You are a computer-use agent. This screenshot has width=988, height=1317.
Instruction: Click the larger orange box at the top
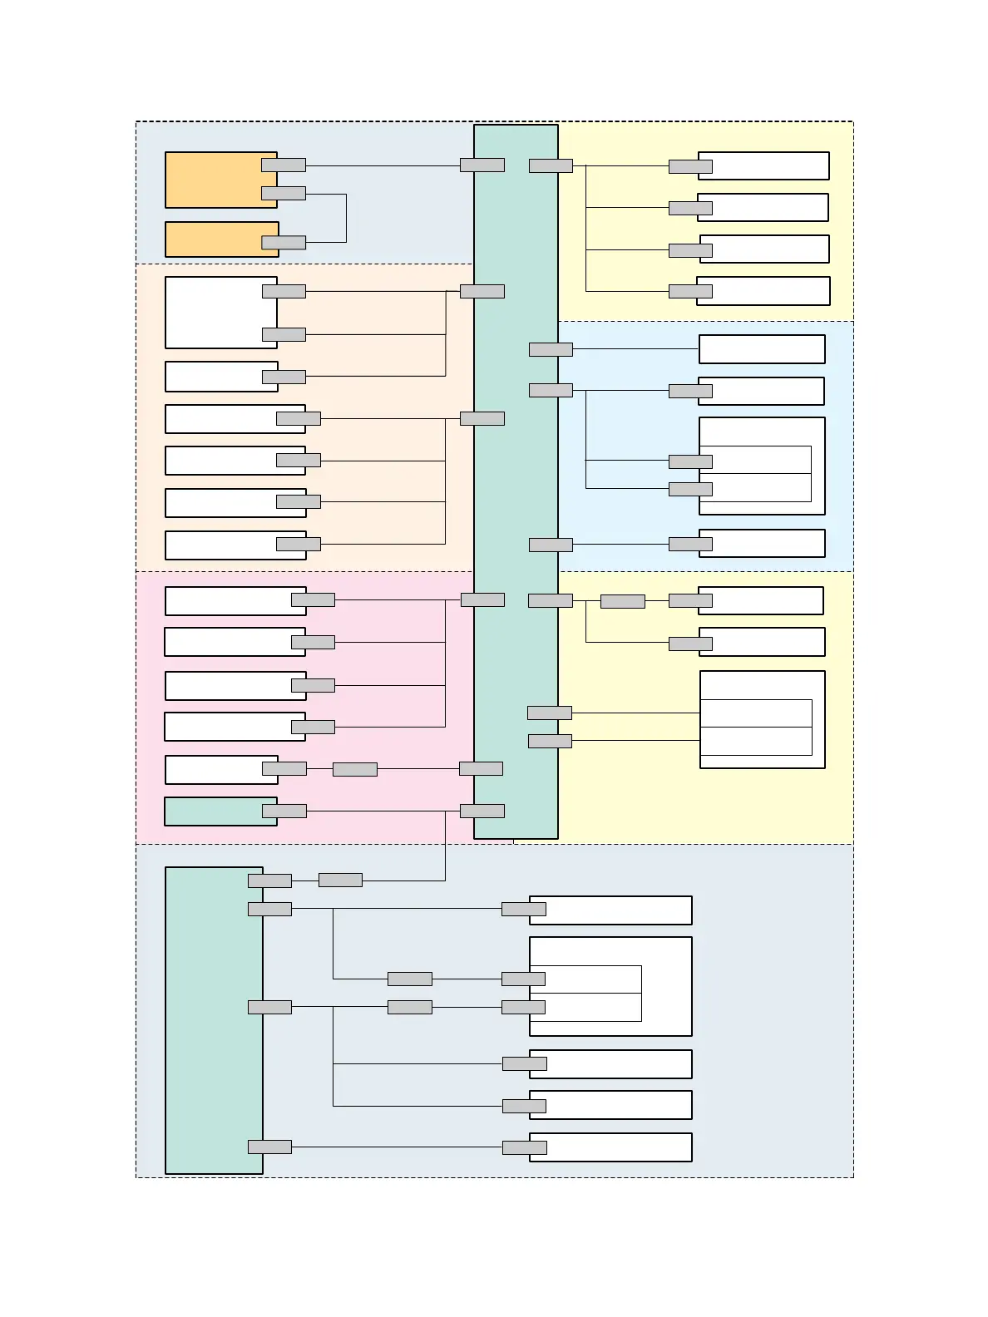(210, 180)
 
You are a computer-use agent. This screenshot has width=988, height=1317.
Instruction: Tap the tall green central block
(516, 482)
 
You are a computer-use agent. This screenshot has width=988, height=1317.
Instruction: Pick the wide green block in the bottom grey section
(214, 1021)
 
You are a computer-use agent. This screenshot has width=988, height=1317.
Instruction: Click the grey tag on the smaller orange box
(284, 243)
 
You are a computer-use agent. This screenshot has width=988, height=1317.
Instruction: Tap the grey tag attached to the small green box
(284, 811)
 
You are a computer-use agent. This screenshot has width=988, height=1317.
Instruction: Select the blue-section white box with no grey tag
(762, 349)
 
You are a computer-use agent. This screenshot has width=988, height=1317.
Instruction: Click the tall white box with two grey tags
(220, 313)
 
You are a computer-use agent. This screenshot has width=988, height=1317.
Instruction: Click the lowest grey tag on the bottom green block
(269, 1147)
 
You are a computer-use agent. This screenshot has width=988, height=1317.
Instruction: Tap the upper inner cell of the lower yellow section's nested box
(756, 713)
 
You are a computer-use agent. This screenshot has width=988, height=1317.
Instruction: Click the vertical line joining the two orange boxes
(346, 219)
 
